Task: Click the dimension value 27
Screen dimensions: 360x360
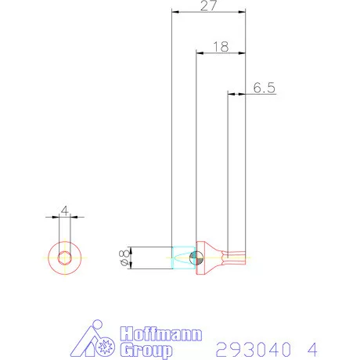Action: (x=209, y=6)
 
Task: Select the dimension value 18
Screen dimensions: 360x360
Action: (x=220, y=47)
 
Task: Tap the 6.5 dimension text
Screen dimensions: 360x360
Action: (x=265, y=88)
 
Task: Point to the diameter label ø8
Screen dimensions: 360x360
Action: (x=124, y=257)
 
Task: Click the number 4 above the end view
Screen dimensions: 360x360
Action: (x=65, y=210)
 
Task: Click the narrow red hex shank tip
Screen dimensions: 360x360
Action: (x=236, y=257)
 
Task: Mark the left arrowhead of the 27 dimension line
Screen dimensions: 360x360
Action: (x=175, y=13)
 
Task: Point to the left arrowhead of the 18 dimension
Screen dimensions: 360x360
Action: (x=198, y=53)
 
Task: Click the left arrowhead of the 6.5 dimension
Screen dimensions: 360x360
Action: (x=230, y=94)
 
